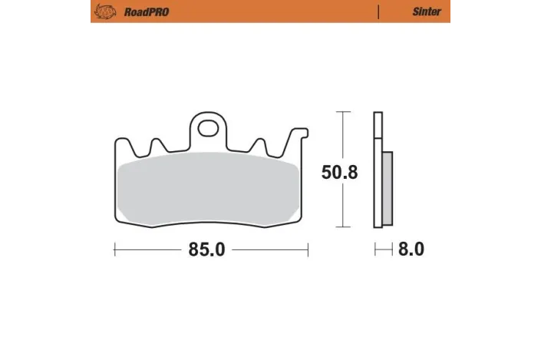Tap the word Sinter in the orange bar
[427, 12]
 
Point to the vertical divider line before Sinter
[379, 12]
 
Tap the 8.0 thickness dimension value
[411, 249]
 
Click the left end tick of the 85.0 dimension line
[114, 249]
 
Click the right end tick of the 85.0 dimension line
[308, 249]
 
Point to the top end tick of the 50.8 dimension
[342, 112]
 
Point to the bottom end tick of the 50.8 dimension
[342, 228]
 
